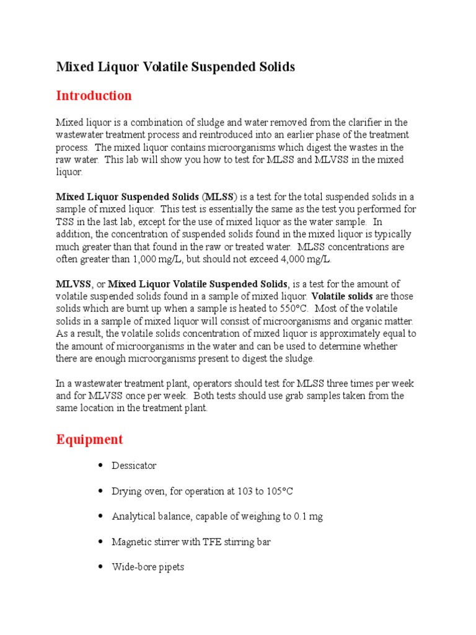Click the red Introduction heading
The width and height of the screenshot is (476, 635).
point(94,95)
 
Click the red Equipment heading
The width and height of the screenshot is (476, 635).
point(89,440)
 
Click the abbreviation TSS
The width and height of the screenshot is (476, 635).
point(66,221)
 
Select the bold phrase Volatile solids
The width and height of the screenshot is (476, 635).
point(342,296)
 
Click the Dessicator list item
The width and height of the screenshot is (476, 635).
point(134,466)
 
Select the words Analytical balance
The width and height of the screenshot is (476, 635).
point(149,517)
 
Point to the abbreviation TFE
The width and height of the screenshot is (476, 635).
point(211,542)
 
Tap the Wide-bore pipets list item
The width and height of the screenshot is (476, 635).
point(148,567)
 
